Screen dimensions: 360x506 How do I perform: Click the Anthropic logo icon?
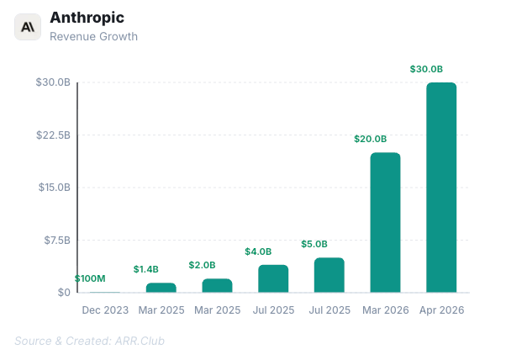coord(28,27)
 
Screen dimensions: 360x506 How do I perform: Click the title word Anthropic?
coord(87,18)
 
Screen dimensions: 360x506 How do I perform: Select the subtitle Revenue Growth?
coord(93,36)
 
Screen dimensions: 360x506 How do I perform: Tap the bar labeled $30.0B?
coord(441,188)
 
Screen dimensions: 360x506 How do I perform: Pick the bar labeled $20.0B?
coord(385,223)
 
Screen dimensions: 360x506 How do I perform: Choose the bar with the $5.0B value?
coord(329,275)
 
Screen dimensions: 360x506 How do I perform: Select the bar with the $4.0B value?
coord(273,278)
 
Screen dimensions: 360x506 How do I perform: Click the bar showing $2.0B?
coord(217,286)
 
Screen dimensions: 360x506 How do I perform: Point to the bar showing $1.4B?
coord(161,288)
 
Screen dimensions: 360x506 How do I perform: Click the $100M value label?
coord(90,278)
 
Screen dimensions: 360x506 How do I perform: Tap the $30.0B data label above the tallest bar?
coord(426,69)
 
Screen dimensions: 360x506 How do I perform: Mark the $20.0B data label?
coord(370,139)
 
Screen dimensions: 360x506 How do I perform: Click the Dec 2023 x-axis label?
coord(105,310)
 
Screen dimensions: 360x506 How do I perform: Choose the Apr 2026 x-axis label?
coord(441,310)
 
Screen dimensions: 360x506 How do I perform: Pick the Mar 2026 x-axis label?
coord(385,310)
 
